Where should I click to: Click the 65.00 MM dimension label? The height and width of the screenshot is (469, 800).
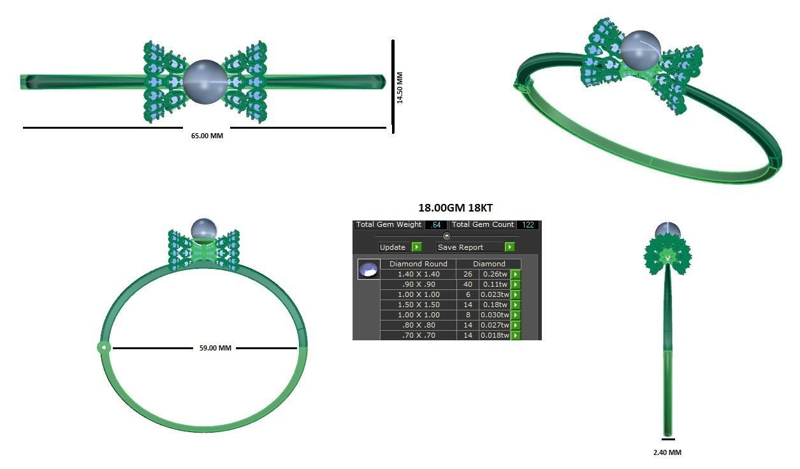207,136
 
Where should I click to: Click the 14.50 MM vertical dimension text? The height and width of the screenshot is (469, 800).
400,87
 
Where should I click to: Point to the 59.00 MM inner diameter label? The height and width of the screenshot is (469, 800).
215,348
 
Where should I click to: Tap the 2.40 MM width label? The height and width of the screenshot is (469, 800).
667,452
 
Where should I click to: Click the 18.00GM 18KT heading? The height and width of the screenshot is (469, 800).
455,208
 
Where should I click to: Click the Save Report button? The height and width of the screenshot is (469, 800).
475,247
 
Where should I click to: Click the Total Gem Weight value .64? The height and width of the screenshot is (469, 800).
436,225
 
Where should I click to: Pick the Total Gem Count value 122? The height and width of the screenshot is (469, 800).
528,225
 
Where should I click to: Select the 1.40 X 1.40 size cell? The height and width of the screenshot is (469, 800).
418,274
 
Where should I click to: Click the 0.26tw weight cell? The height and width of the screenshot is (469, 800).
494,274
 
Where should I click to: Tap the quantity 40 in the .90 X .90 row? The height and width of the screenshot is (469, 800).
468,284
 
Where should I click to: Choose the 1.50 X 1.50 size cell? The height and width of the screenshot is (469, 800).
418,305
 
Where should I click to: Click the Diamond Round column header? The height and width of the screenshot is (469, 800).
418,264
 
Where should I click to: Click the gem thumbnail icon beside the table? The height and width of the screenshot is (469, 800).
369,270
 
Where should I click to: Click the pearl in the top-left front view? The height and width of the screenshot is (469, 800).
205,82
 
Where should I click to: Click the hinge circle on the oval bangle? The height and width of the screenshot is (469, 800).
103,348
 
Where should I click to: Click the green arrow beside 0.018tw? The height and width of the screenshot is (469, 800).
516,335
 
